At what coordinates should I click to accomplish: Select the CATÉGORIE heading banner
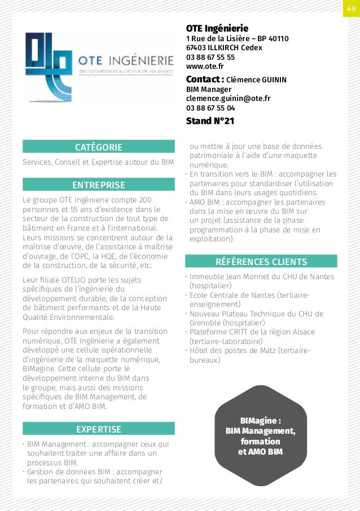[99, 147]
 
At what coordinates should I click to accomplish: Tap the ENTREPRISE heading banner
[99, 185]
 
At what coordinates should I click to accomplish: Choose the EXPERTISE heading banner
[99, 429]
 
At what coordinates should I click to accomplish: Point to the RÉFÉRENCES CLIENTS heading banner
[261, 262]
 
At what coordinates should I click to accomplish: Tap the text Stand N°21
[210, 121]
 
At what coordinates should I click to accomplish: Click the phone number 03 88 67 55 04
[210, 108]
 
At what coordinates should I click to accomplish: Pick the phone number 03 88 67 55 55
[210, 58]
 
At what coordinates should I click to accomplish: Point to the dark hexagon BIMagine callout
[261, 435]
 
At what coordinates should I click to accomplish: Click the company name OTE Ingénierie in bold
[217, 28]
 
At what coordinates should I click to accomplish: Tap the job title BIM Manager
[209, 89]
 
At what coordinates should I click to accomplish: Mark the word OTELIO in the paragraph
[69, 280]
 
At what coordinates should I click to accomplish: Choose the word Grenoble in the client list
[206, 323]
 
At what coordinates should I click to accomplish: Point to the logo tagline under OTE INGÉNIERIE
[126, 72]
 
